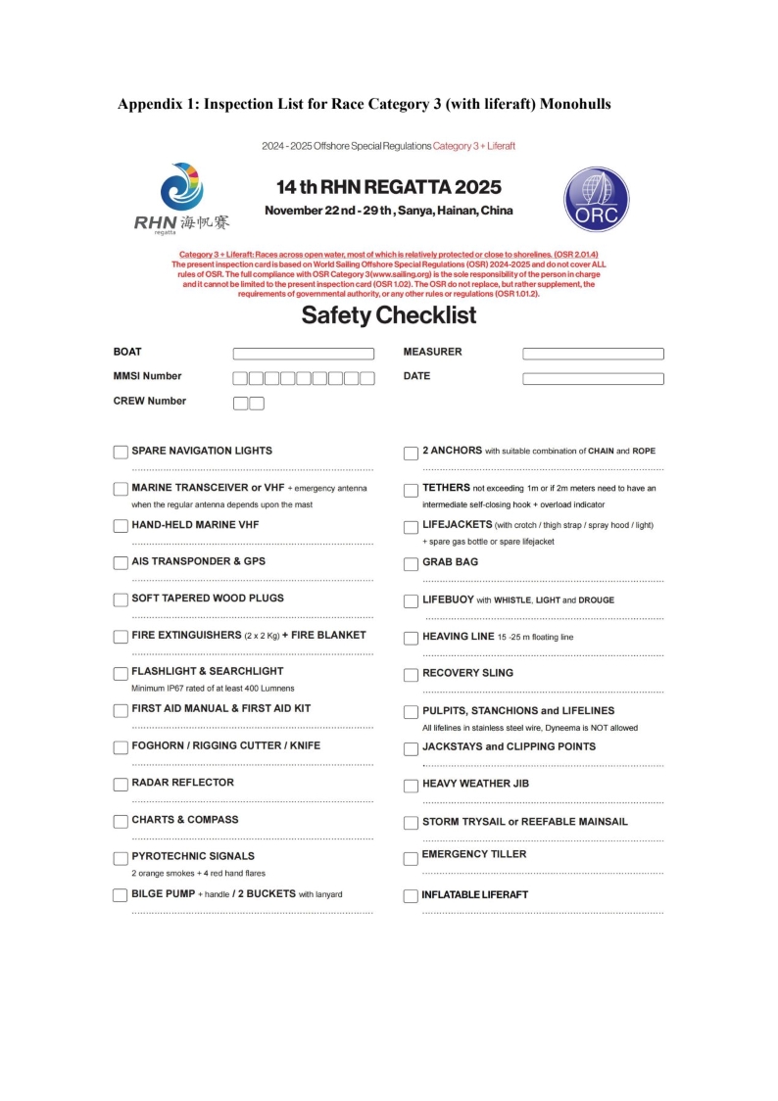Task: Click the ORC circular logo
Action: click(x=597, y=200)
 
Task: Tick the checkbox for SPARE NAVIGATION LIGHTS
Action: click(x=121, y=452)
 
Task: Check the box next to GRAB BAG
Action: click(x=411, y=564)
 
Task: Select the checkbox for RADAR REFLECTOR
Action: click(x=121, y=784)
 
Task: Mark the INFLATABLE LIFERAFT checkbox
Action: click(x=411, y=895)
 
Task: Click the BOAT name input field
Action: click(x=303, y=354)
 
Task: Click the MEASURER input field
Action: click(x=593, y=354)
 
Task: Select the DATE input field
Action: click(x=593, y=378)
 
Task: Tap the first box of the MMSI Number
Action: click(x=240, y=378)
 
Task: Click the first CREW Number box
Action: click(x=240, y=403)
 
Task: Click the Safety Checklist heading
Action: click(x=389, y=315)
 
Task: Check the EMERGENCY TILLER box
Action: click(x=411, y=859)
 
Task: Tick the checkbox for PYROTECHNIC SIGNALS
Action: click(x=121, y=858)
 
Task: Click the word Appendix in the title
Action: click(x=150, y=104)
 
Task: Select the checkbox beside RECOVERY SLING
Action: click(x=411, y=675)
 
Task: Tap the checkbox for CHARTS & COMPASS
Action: click(x=121, y=821)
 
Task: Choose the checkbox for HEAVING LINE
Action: click(x=411, y=639)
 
